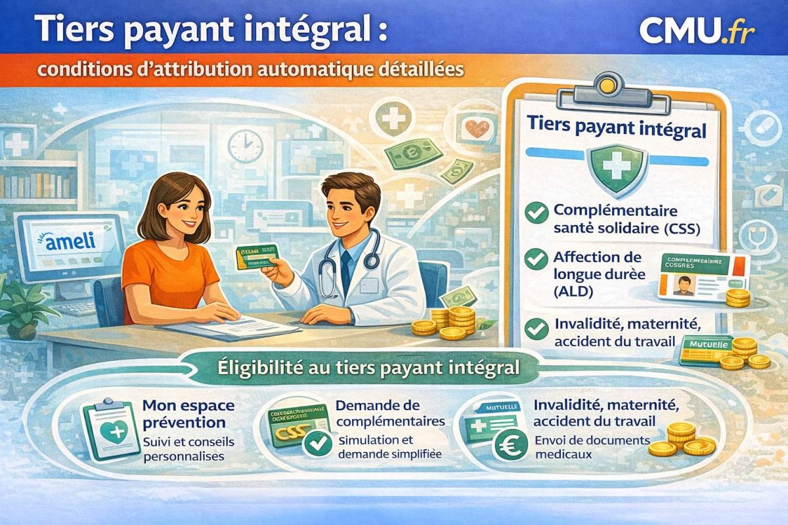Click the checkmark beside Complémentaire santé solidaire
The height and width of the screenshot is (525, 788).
tap(538, 213)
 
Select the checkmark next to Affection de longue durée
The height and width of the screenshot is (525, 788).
tap(538, 259)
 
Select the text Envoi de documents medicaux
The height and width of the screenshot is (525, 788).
tap(592, 446)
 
